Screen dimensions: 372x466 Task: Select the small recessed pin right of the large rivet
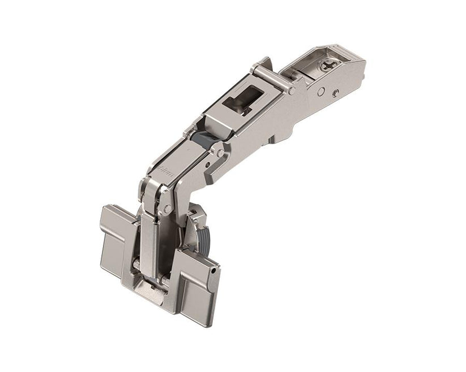coord(336,93)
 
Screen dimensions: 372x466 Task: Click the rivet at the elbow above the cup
coord(168,209)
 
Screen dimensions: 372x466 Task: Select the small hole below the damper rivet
coord(210,165)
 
